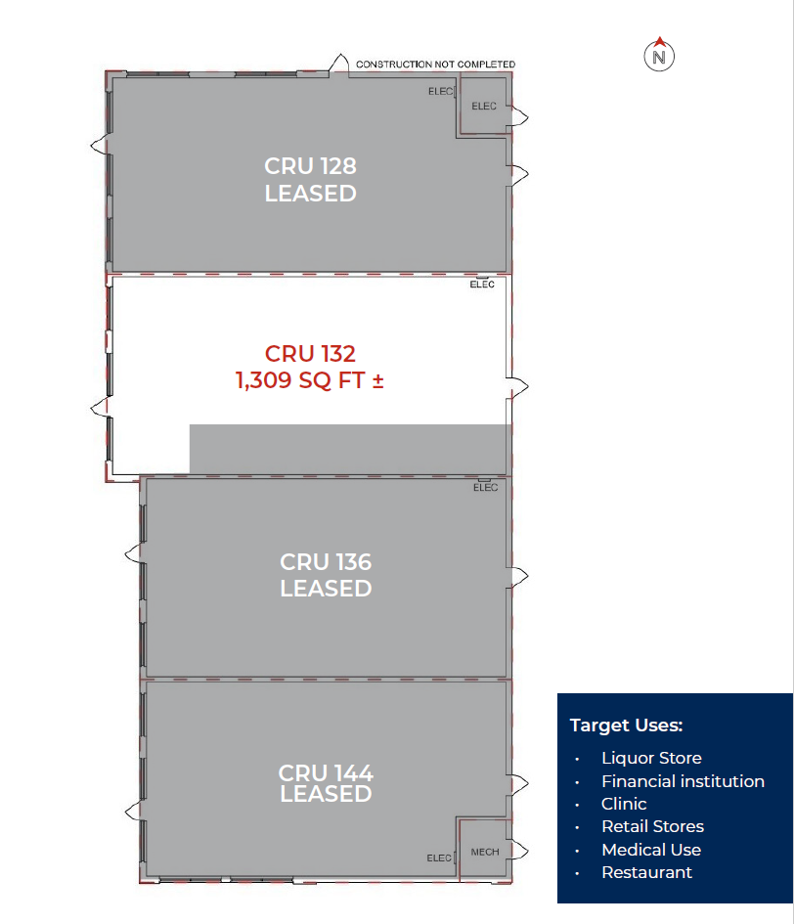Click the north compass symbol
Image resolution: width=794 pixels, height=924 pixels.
pyautogui.click(x=660, y=56)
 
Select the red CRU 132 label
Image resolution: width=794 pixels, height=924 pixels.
pyautogui.click(x=310, y=353)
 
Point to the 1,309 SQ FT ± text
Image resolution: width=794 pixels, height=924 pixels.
pyautogui.click(x=310, y=380)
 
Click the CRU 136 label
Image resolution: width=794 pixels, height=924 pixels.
pyautogui.click(x=326, y=562)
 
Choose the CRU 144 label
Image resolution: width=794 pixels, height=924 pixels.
pyautogui.click(x=326, y=772)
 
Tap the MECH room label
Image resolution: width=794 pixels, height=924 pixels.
pyautogui.click(x=485, y=852)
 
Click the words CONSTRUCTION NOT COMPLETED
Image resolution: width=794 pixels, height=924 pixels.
pyautogui.click(x=435, y=65)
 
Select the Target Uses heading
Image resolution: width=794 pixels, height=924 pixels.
pyautogui.click(x=626, y=726)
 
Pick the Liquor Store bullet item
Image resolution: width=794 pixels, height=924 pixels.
pyautogui.click(x=651, y=758)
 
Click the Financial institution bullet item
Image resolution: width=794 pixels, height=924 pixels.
pyautogui.click(x=683, y=781)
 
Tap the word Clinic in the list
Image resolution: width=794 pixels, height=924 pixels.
pyautogui.click(x=624, y=804)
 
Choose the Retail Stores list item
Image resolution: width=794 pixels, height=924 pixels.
pyautogui.click(x=652, y=826)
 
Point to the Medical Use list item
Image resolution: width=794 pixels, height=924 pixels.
pyautogui.click(x=651, y=850)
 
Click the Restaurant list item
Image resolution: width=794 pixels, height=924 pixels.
pyautogui.click(x=646, y=872)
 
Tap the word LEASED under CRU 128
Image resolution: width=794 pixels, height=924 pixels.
pyautogui.click(x=310, y=194)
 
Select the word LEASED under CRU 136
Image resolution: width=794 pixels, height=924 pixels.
pyautogui.click(x=326, y=589)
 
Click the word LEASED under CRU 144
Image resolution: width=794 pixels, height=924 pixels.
pyautogui.click(x=326, y=794)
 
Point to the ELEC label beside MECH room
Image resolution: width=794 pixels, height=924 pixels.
pyautogui.click(x=439, y=858)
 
